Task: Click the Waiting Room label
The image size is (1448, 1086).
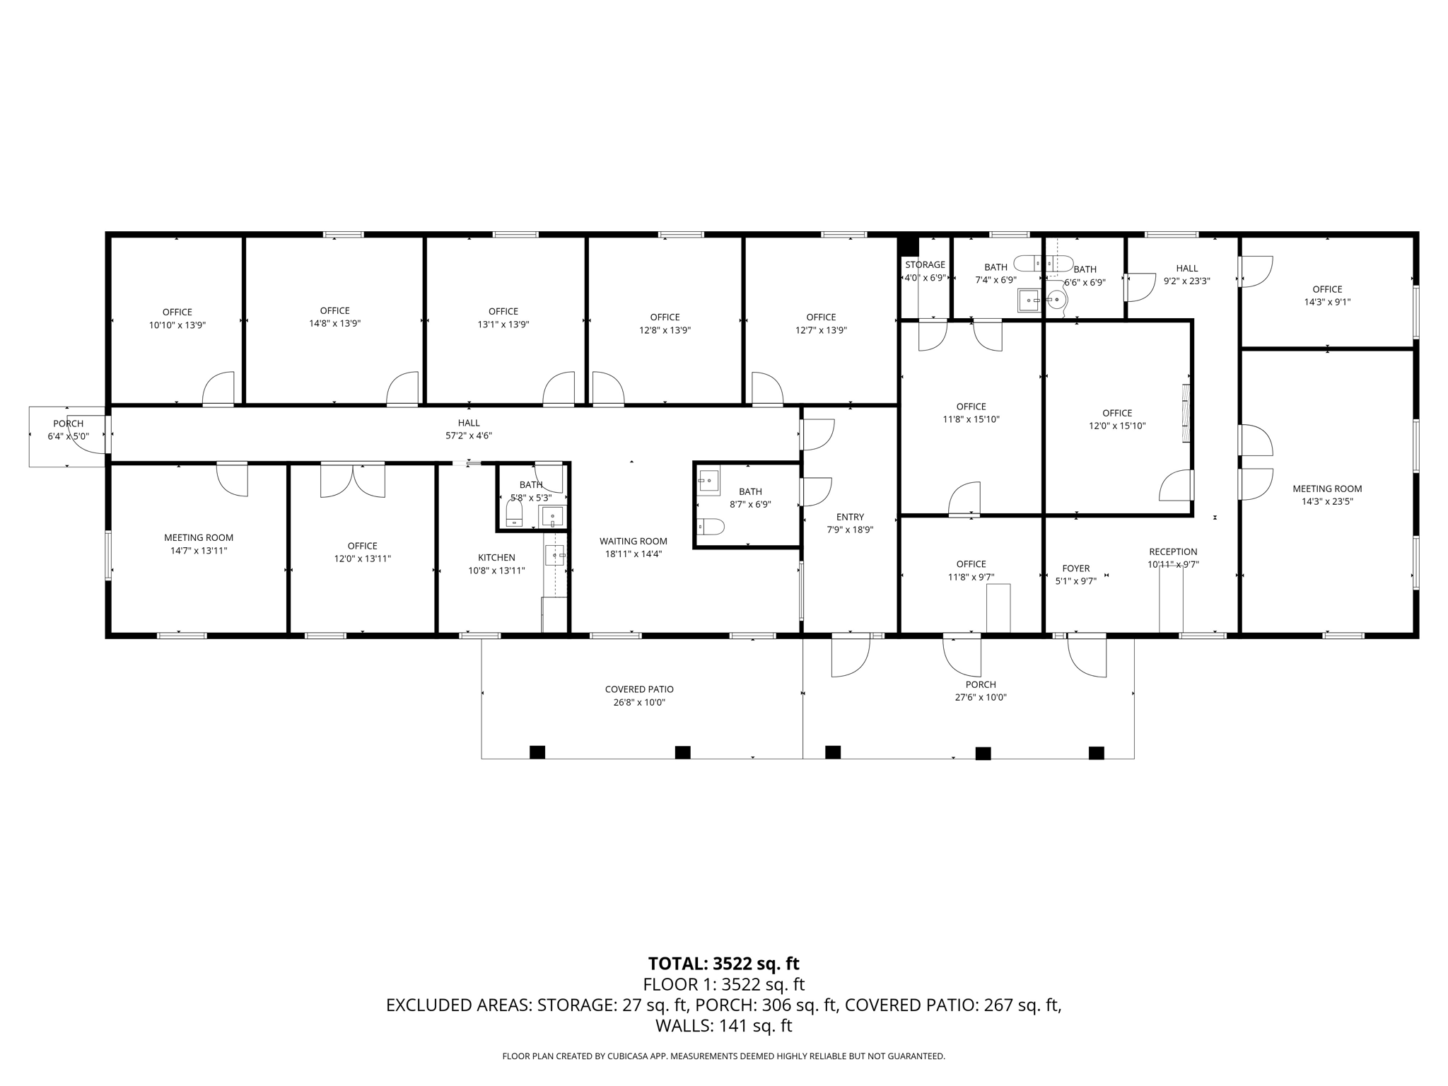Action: (633, 542)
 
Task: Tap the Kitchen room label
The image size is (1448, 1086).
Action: (496, 558)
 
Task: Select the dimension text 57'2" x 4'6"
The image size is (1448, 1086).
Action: (468, 436)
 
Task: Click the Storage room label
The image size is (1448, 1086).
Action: (925, 265)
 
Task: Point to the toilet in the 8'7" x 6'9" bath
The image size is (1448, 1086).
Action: (711, 527)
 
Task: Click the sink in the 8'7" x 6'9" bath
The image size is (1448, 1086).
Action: (708, 482)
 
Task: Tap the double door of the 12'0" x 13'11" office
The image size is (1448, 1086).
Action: (353, 480)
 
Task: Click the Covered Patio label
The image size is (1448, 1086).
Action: (638, 689)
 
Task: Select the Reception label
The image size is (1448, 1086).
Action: (1172, 552)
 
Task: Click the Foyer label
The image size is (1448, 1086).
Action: (1075, 568)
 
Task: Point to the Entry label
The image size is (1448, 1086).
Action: (849, 517)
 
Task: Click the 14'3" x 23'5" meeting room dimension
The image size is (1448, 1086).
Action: (1326, 502)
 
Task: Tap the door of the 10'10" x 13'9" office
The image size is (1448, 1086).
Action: (218, 390)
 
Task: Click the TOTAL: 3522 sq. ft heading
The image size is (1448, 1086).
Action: (723, 964)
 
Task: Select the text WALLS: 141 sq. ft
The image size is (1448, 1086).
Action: (723, 1026)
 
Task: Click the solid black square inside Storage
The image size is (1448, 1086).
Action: (909, 246)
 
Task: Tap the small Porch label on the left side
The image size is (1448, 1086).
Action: (68, 424)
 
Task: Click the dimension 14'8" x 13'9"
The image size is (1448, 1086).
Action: (334, 324)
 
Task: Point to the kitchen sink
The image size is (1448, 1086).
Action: (555, 556)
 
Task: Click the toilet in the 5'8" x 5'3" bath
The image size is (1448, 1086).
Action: (515, 512)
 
